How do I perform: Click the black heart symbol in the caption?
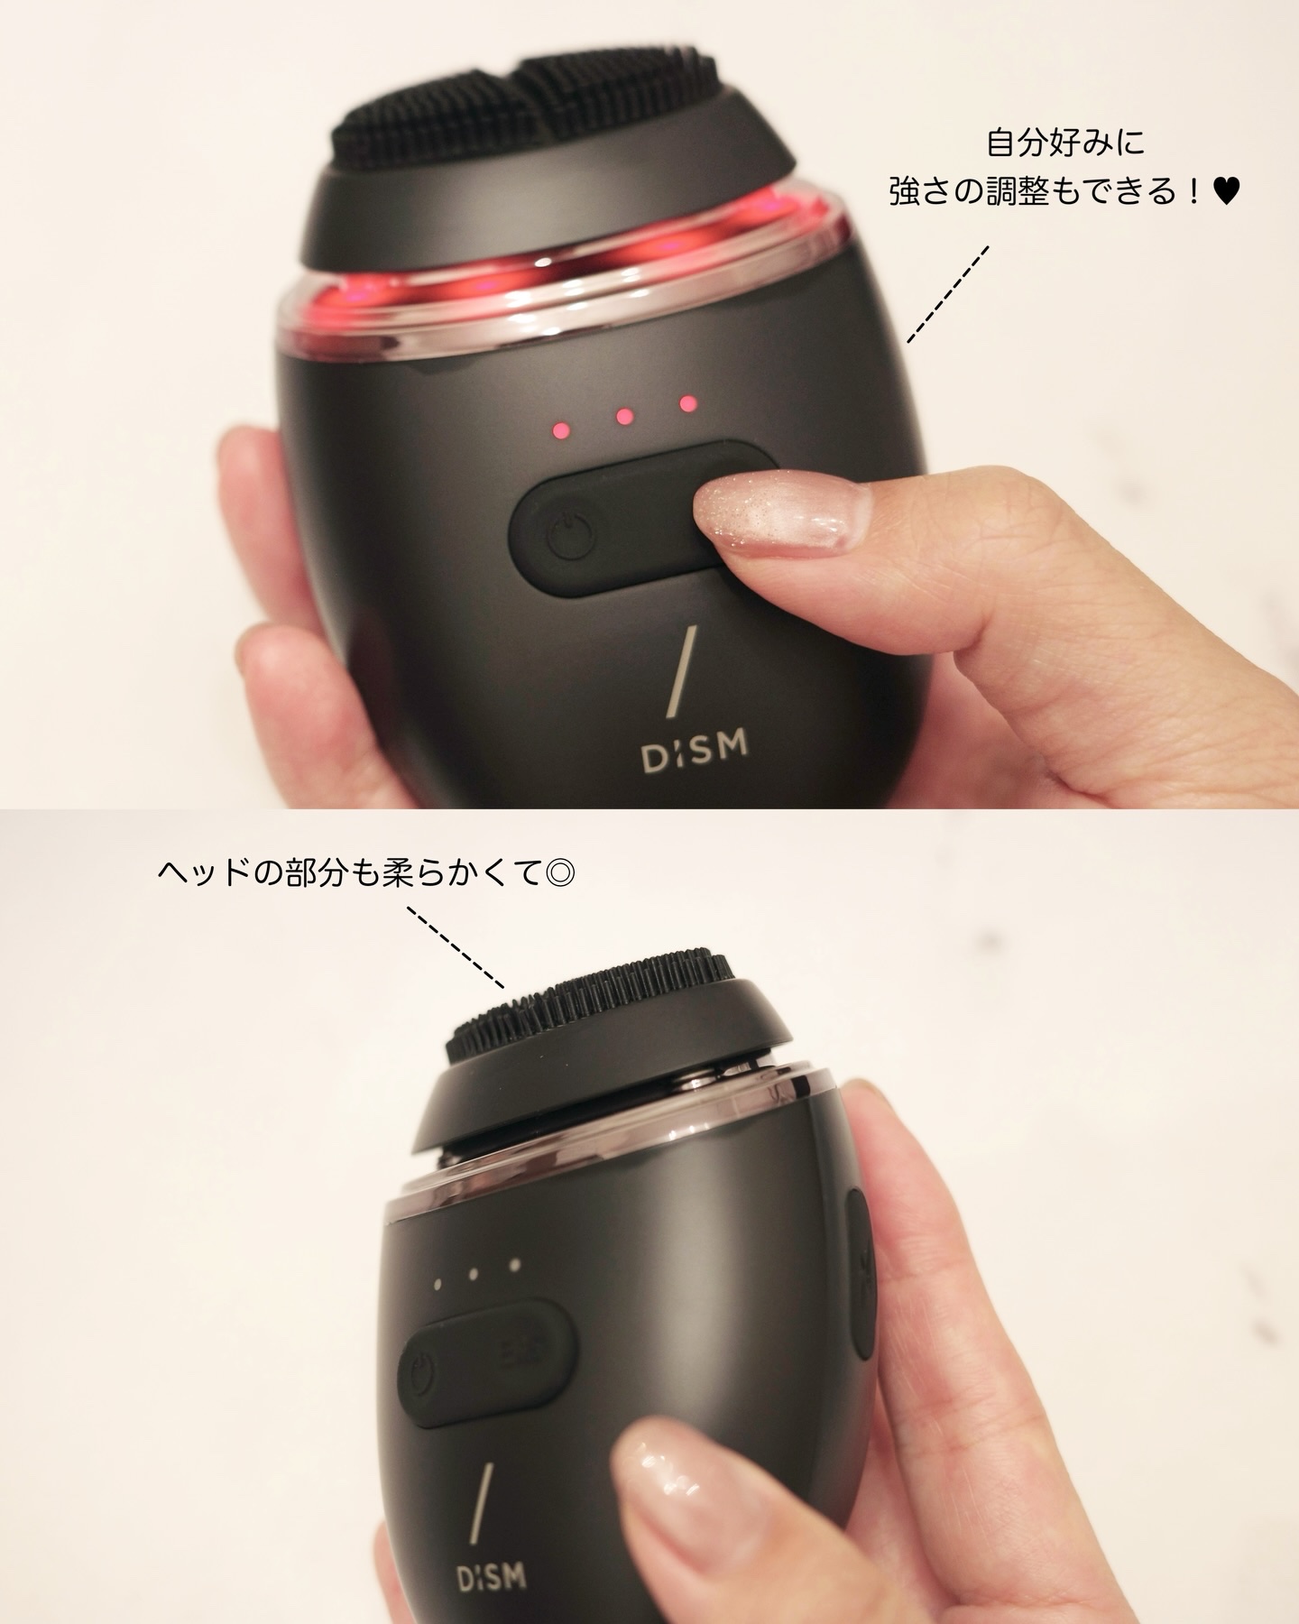(1227, 191)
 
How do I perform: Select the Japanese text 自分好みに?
(1064, 143)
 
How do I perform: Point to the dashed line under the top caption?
(947, 294)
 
